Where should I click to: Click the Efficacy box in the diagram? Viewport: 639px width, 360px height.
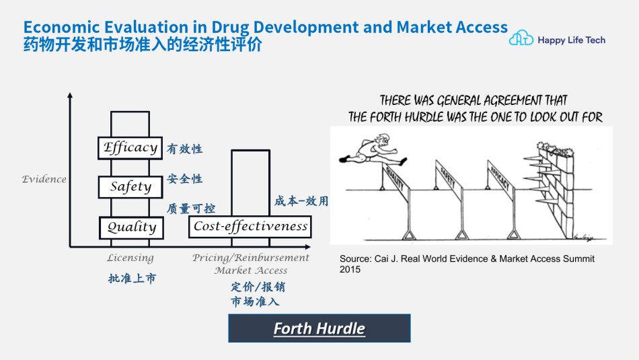click(130, 147)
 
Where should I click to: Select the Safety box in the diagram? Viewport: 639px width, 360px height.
click(130, 186)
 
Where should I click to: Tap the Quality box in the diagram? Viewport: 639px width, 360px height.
click(131, 227)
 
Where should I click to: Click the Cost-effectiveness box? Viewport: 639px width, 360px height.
click(250, 227)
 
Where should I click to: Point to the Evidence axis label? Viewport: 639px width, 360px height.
click(44, 179)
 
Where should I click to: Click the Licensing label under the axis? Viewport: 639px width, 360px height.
click(130, 258)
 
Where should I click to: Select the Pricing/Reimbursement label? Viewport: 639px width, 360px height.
click(251, 258)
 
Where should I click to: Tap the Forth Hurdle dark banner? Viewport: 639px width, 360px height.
click(319, 328)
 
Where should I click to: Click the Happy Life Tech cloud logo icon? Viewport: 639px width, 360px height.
click(521, 38)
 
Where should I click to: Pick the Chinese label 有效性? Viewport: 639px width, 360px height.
click(184, 149)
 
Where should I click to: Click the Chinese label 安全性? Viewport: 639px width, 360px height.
click(184, 178)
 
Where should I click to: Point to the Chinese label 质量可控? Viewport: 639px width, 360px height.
click(191, 209)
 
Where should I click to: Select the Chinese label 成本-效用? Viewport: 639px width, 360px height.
click(301, 201)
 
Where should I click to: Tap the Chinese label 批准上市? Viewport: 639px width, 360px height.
click(132, 279)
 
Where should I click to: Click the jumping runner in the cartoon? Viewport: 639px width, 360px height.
click(373, 149)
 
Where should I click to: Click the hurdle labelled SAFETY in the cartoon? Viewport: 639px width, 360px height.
click(449, 200)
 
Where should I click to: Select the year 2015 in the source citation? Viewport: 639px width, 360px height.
click(350, 269)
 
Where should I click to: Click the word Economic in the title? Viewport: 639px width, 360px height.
click(61, 28)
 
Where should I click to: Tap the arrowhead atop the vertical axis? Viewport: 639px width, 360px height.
click(70, 96)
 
